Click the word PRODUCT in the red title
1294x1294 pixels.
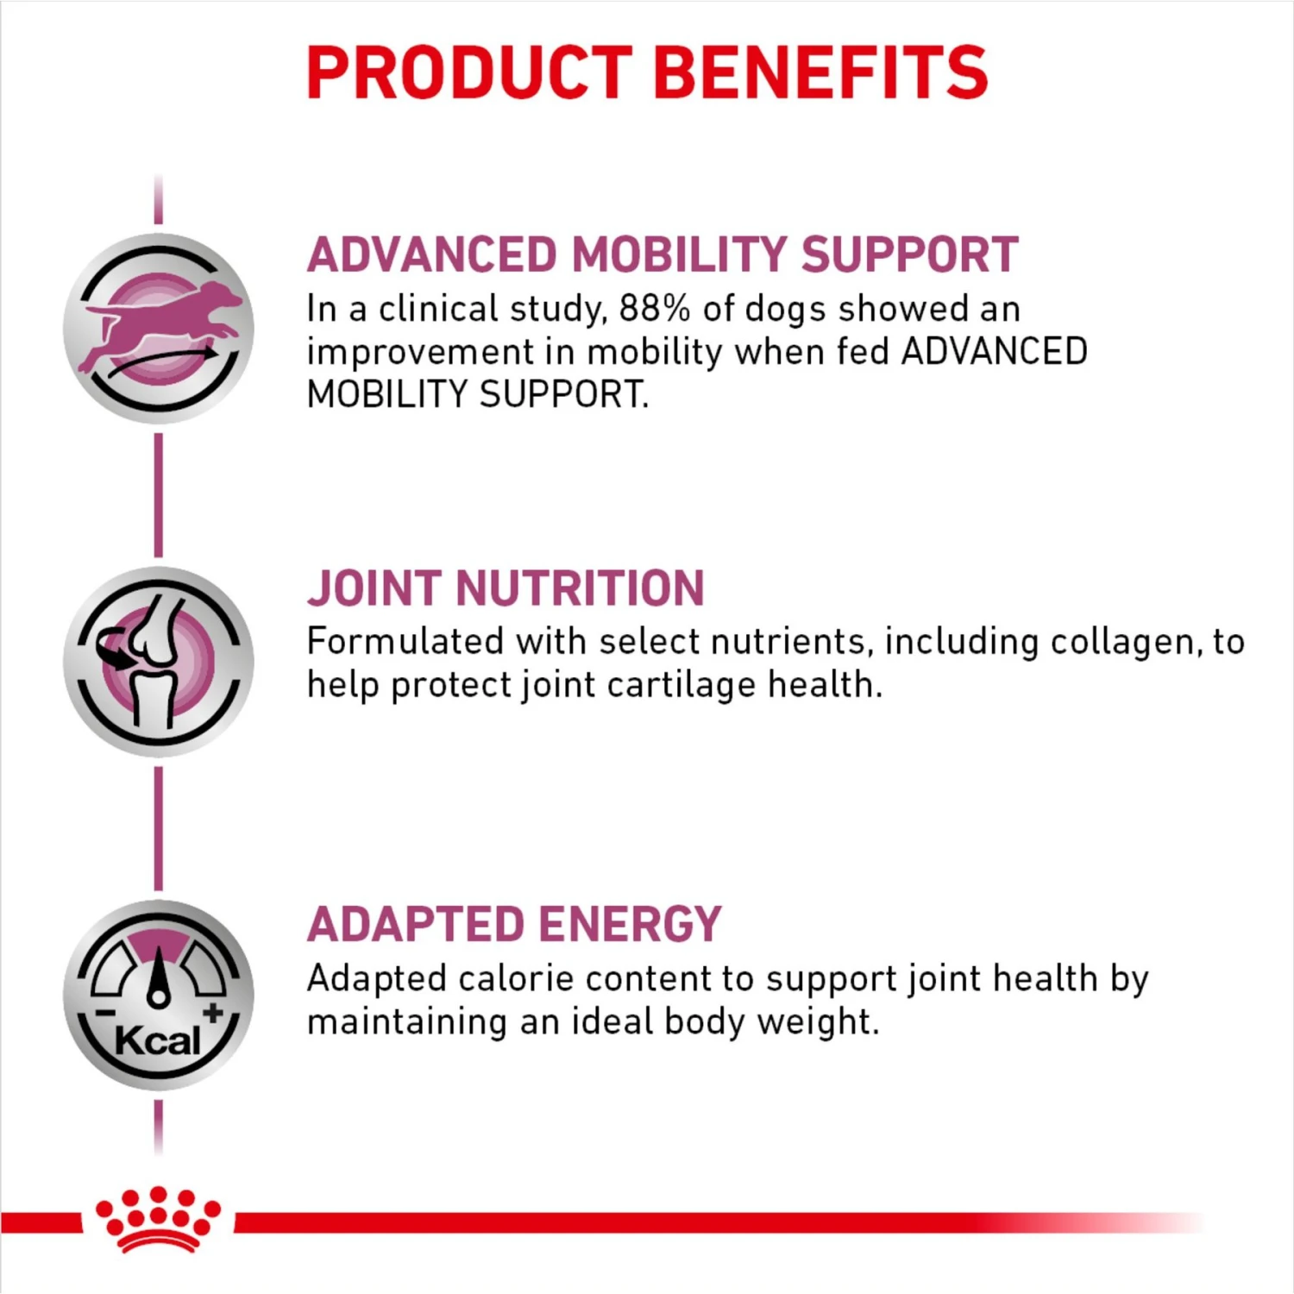point(470,72)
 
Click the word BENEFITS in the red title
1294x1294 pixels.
point(820,72)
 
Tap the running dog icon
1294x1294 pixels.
point(159,328)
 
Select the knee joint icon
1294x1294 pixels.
point(159,662)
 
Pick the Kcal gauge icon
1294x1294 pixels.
point(159,995)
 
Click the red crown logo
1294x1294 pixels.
point(158,1218)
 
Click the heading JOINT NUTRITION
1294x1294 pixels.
point(506,588)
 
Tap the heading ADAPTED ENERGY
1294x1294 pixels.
point(514,925)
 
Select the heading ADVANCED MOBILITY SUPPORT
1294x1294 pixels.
point(663,255)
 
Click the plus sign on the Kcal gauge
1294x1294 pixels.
point(212,1012)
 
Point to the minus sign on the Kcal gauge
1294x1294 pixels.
point(105,1014)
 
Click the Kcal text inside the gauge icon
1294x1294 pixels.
point(157,1040)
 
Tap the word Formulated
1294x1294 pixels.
point(405,643)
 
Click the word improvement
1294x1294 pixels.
point(420,353)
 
